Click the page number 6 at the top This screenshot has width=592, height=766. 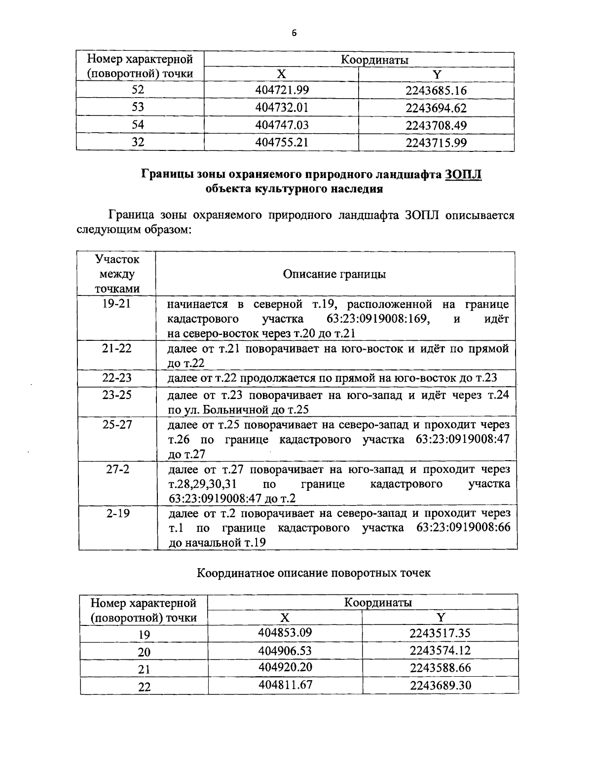pos(295,34)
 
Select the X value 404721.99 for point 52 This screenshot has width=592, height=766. pos(282,90)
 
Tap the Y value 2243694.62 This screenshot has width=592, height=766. pos(436,108)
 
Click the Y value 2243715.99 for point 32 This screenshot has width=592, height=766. pos(436,143)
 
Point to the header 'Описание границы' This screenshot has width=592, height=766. pos(334,274)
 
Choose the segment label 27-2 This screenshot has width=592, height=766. pos(117,469)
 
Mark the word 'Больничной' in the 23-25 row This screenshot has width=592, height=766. pos(236,410)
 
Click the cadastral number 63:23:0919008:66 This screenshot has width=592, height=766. pos(463,528)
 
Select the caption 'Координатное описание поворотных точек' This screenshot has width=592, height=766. pos(314,573)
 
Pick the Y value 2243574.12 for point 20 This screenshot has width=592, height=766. pos(440,650)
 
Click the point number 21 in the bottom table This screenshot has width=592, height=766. pos(144,669)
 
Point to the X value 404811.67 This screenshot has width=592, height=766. pos(285,685)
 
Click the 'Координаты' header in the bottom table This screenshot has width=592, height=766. pos(378,602)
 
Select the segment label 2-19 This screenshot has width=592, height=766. pos(117,513)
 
